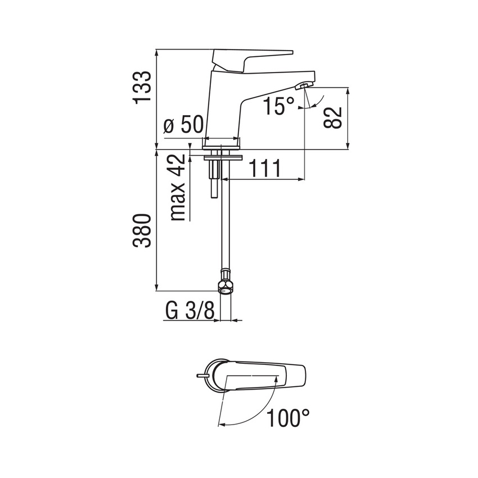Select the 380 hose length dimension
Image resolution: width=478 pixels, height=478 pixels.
pos(142,232)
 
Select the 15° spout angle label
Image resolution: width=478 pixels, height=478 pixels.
pos(279,105)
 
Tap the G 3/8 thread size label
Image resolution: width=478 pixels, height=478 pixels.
pos(190,311)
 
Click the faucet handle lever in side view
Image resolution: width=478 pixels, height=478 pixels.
pos(253,58)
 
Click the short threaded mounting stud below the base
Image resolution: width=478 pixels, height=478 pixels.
pos(214,180)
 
